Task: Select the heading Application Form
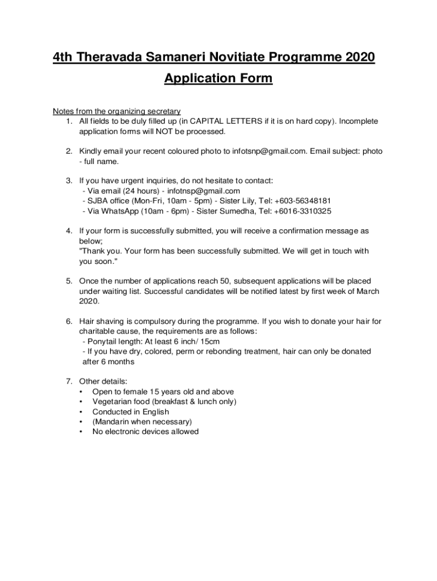click(218, 78)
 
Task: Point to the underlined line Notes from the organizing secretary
click(116, 111)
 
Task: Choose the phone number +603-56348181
click(302, 201)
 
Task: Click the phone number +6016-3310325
click(304, 211)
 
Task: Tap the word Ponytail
click(102, 341)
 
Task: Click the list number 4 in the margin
click(68, 231)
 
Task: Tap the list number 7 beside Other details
click(68, 381)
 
